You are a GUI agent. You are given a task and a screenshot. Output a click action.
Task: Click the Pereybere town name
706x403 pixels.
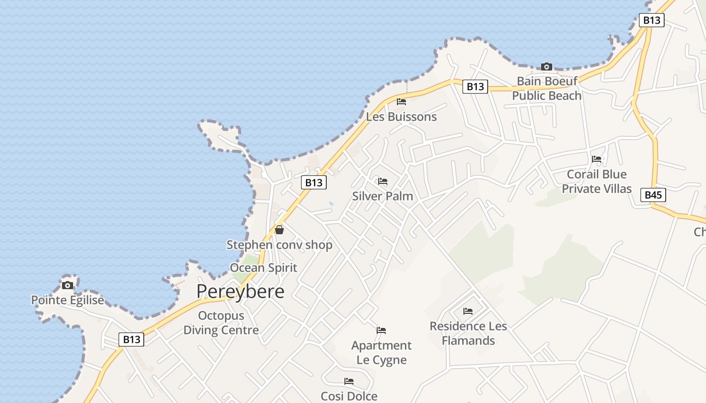240,291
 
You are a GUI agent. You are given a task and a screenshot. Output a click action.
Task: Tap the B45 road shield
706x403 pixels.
653,195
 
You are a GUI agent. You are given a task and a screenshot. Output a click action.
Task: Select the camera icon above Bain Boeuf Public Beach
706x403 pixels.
546,66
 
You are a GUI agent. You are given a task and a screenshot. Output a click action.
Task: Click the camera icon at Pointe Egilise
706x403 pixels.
67,285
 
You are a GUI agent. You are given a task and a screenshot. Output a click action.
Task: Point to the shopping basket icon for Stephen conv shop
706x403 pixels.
279,230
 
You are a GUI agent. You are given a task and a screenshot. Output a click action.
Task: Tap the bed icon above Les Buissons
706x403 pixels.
401,102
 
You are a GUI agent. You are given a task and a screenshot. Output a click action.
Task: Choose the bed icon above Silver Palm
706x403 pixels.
383,181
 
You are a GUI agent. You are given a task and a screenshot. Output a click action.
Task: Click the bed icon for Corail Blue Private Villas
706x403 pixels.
597,159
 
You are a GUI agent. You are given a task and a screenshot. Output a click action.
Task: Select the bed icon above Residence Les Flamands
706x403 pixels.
468,311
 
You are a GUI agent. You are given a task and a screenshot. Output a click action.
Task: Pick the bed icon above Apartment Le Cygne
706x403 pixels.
381,330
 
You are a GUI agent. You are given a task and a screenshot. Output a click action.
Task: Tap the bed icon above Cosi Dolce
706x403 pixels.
349,381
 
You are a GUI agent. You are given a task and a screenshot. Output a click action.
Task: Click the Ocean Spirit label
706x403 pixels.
263,267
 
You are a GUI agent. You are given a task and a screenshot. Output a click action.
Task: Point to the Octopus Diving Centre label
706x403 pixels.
221,323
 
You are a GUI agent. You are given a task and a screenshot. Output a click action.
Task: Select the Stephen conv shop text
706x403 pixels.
279,245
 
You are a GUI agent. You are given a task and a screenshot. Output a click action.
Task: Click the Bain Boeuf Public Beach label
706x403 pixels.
547,88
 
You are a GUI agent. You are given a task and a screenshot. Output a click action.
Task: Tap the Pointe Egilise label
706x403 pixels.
68,300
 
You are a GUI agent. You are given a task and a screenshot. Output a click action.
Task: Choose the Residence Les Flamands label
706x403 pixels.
468,333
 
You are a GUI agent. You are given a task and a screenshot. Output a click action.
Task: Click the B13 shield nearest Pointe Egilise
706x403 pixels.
132,340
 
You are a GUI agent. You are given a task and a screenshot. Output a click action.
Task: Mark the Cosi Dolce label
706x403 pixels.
349,396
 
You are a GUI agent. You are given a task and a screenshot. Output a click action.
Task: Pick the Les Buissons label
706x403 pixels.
401,117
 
